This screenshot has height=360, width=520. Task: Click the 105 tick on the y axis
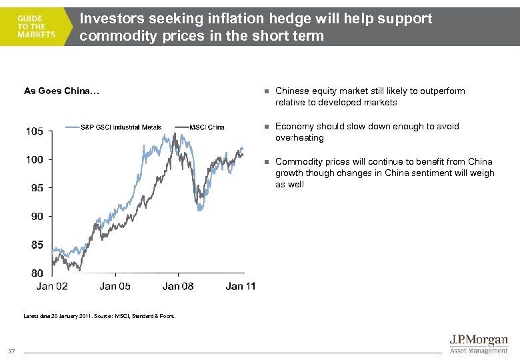click(x=35, y=131)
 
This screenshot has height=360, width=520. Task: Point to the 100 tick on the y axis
click(x=35, y=159)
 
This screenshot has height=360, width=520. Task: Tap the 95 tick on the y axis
click(x=38, y=188)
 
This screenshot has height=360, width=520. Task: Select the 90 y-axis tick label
click(x=38, y=216)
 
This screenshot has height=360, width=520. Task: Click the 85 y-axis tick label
click(x=38, y=245)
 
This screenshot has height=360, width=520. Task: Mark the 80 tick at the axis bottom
click(x=38, y=273)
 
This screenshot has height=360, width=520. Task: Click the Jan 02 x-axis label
click(x=52, y=287)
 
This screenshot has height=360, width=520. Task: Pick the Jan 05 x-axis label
click(x=115, y=287)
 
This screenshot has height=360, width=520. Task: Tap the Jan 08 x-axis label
click(x=178, y=287)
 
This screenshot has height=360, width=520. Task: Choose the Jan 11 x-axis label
click(x=241, y=287)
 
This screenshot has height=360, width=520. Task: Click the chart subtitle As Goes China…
click(x=61, y=91)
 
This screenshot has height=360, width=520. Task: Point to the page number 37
click(x=12, y=351)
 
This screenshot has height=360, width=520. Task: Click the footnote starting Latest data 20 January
click(x=100, y=316)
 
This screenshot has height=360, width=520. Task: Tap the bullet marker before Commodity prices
click(x=265, y=162)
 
